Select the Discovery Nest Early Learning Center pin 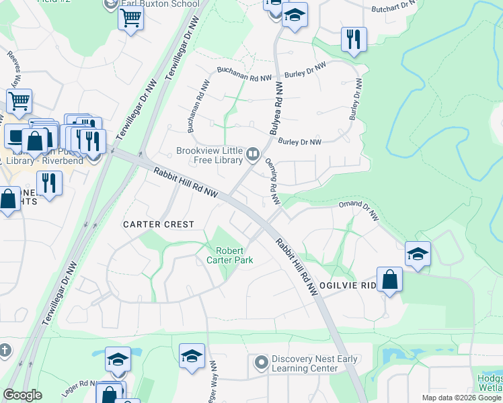(261, 363)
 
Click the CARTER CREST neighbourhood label (158, 224)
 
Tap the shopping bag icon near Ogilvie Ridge (390, 279)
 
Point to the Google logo (23, 395)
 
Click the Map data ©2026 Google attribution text (461, 398)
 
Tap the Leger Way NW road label (214, 380)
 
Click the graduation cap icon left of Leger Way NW (192, 356)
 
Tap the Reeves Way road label (13, 68)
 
